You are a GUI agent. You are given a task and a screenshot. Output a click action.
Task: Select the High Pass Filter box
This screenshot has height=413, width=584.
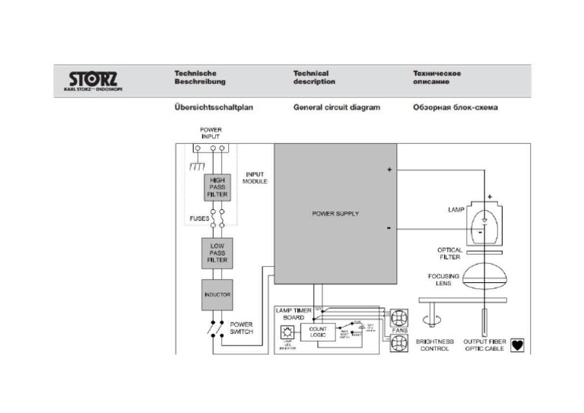[x=217, y=187]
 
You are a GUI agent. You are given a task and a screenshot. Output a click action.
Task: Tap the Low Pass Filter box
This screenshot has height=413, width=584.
[x=217, y=253]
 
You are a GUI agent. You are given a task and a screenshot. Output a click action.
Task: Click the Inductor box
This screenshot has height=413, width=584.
[x=217, y=294]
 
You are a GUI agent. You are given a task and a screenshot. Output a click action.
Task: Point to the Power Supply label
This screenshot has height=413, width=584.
[x=335, y=214]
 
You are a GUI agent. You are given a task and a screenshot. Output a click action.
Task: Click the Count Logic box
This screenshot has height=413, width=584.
[x=317, y=333]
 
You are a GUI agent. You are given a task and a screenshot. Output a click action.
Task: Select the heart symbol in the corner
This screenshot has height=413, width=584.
[x=519, y=344]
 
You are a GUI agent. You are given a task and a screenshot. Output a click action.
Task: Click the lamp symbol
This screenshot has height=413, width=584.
[x=484, y=222]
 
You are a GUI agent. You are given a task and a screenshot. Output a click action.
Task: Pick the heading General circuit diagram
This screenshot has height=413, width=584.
[x=336, y=108]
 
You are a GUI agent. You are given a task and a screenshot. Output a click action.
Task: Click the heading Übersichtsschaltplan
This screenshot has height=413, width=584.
[x=214, y=108]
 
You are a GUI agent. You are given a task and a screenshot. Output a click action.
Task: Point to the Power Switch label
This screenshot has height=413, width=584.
[x=242, y=329]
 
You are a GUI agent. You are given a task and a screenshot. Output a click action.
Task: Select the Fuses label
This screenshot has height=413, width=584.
[x=199, y=218]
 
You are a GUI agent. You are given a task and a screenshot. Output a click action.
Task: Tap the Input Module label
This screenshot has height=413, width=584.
[x=255, y=178]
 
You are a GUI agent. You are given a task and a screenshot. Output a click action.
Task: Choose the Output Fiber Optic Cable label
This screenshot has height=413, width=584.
[x=485, y=346]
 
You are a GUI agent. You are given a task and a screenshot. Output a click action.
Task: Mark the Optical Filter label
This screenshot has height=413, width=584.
[x=449, y=253]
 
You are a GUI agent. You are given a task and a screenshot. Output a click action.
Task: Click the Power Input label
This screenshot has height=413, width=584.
[x=211, y=133]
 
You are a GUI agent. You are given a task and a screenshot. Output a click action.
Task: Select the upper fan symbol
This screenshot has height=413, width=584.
[x=400, y=317]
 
